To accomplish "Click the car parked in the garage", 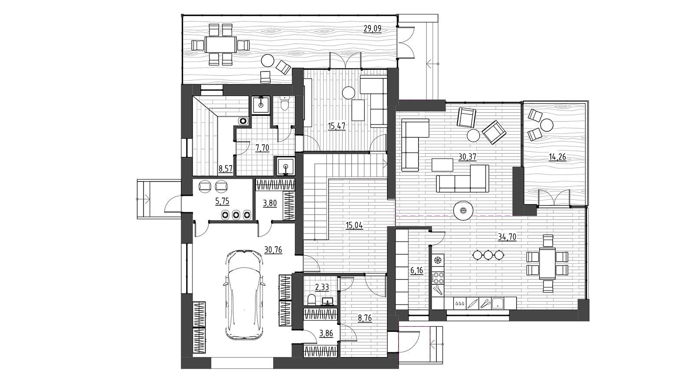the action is click(x=245, y=295).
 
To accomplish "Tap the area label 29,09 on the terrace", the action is click(x=373, y=29).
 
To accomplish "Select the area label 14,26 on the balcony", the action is click(x=557, y=157).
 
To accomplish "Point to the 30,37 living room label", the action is click(x=467, y=157).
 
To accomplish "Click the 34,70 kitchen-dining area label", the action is click(x=507, y=237).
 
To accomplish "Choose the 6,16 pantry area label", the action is click(x=417, y=270).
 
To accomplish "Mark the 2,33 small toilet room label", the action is click(x=322, y=288).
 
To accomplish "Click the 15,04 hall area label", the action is click(x=354, y=225).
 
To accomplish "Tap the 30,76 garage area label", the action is click(x=273, y=250).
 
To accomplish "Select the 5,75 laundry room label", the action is click(x=222, y=201).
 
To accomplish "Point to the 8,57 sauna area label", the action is click(x=226, y=169).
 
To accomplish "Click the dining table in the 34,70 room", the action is click(x=547, y=263).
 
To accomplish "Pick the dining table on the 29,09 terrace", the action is click(x=221, y=45).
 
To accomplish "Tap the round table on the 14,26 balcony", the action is click(x=547, y=125).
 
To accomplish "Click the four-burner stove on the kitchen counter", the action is click(x=439, y=277).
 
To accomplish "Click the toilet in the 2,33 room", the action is click(x=311, y=300).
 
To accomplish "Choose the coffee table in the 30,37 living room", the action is click(x=442, y=165).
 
